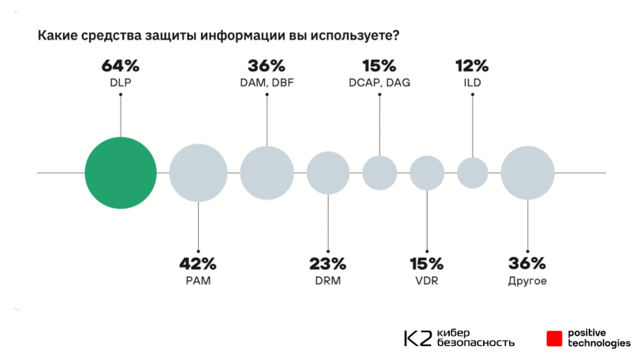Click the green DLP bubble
click(121, 173)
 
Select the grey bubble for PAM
click(199, 173)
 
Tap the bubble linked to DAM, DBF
click(267, 173)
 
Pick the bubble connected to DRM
click(328, 173)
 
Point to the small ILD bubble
click(473, 173)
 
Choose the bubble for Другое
click(528, 173)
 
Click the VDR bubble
click(427, 173)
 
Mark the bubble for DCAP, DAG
click(380, 173)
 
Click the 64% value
click(121, 67)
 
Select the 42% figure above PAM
click(198, 264)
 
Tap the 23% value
click(327, 264)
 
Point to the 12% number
click(472, 67)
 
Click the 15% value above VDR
click(426, 264)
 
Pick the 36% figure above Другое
click(528, 264)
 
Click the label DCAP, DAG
click(379, 83)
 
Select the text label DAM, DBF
click(266, 83)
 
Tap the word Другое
click(528, 281)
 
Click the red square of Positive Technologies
click(554, 338)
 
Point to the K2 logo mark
click(418, 338)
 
